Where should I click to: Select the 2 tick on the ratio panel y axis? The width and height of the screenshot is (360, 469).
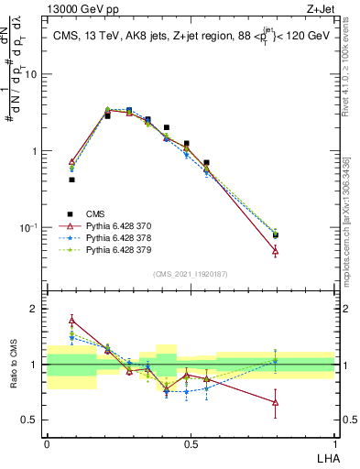[x=36, y=309]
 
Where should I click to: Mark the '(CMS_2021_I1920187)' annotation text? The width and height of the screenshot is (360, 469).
[x=191, y=273]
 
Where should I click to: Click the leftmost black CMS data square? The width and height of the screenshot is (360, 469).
[x=71, y=180]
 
